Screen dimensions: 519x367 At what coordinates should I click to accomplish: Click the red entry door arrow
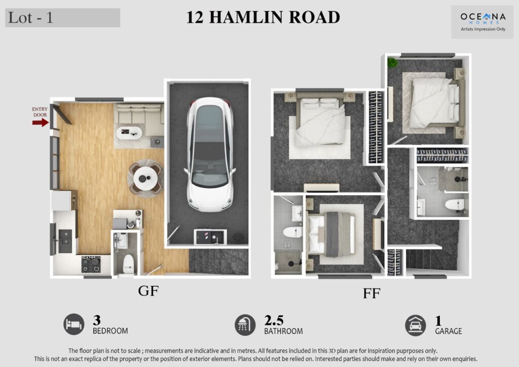tap(41, 123)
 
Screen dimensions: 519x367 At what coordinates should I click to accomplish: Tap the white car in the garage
tap(210, 155)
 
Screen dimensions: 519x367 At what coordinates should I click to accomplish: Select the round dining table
tap(145, 178)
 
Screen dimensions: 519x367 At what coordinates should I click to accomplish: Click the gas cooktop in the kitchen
tap(91, 265)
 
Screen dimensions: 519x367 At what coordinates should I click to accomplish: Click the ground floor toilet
tap(128, 264)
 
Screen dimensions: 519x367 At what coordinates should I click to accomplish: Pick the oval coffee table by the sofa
tap(129, 133)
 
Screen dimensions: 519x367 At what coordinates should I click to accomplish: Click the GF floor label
tap(149, 291)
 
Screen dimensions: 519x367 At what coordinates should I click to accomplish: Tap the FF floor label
tap(372, 293)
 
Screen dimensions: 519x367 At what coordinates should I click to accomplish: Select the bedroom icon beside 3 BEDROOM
tap(74, 324)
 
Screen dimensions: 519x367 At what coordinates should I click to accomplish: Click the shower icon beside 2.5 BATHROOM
tap(245, 325)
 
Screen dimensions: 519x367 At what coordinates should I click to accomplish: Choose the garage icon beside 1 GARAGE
tap(416, 325)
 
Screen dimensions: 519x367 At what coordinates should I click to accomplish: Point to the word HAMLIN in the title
tap(247, 17)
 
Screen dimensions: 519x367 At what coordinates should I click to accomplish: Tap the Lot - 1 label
tap(30, 18)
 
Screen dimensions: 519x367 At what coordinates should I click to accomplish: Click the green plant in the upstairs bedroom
tap(393, 62)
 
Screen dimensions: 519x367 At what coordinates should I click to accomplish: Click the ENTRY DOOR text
tap(40, 112)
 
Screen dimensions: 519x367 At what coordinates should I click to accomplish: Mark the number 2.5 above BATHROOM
tap(274, 320)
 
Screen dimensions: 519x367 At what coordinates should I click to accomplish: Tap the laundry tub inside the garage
tap(210, 236)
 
